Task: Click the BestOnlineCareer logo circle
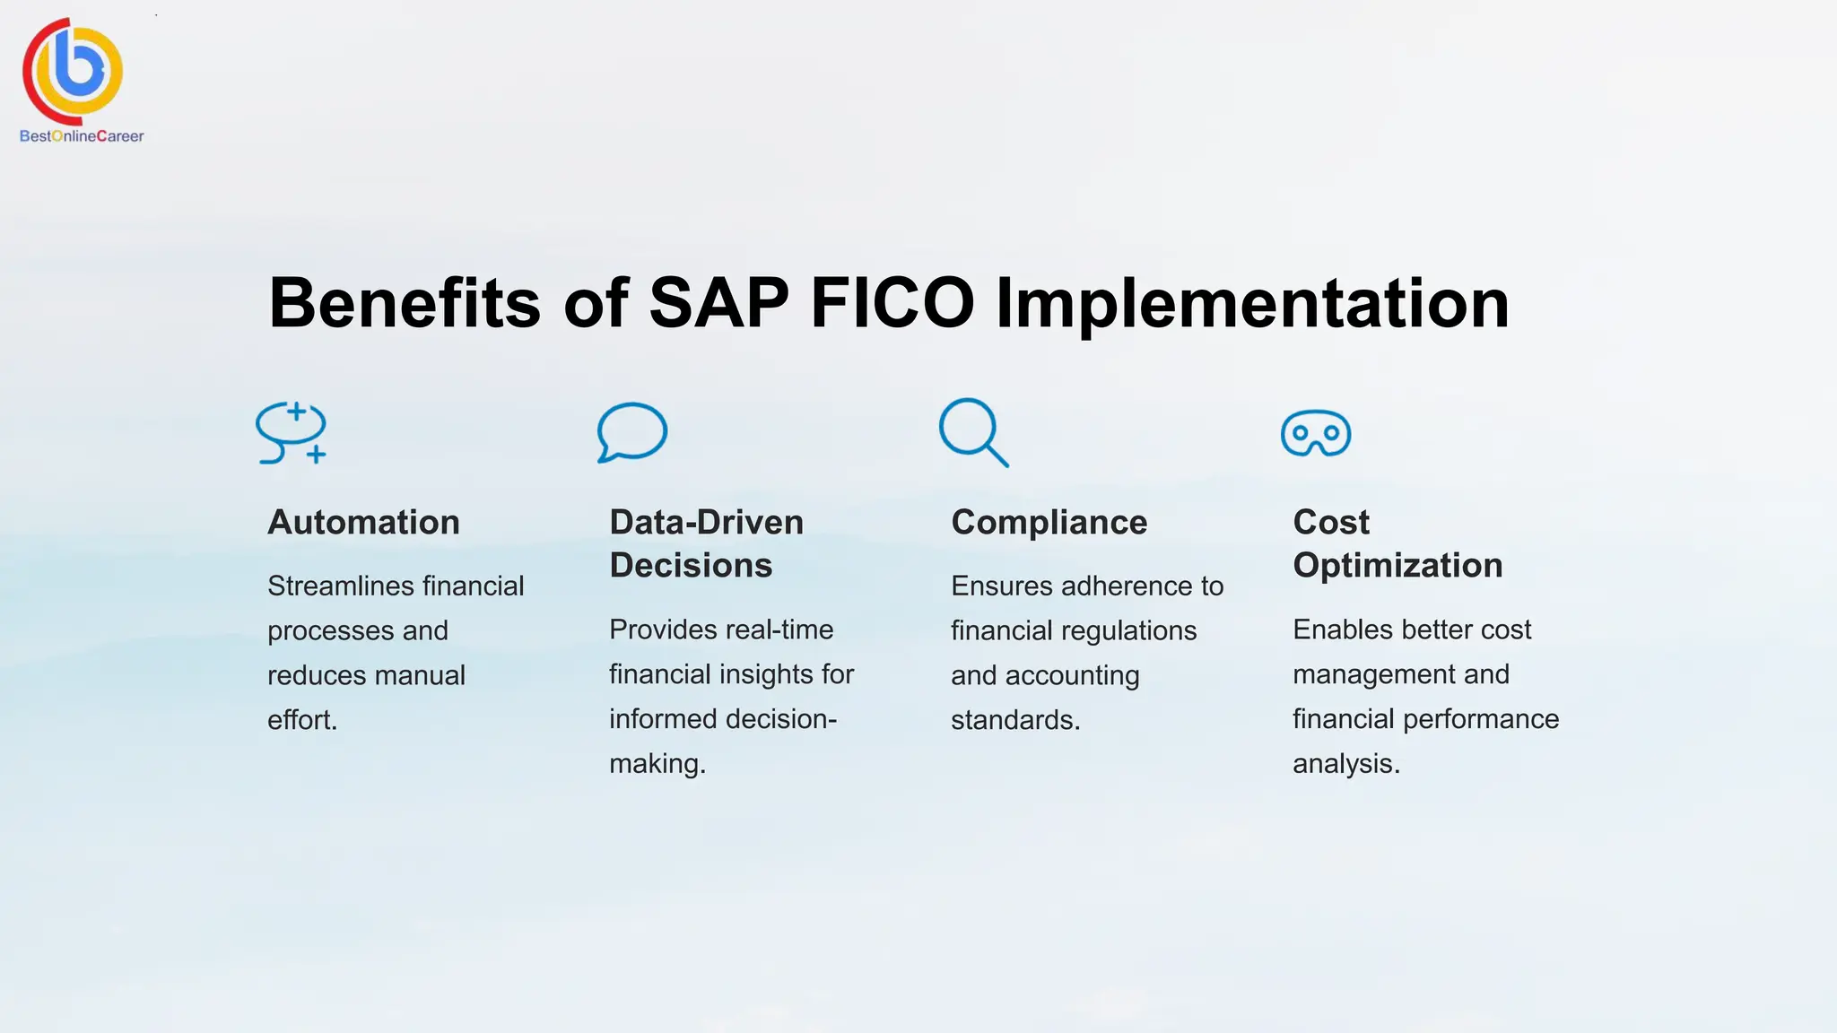74,70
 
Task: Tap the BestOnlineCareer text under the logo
82,136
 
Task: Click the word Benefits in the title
405,303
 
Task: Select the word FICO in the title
892,303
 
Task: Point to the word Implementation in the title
1252,303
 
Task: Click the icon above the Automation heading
291,433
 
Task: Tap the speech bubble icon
632,432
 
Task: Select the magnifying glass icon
973,432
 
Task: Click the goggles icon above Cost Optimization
1316,433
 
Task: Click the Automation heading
363,522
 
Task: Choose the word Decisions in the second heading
691,566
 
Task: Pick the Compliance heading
1049,522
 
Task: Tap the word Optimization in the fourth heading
1397,566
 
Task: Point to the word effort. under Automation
302,720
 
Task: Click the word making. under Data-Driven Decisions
657,764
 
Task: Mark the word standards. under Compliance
1015,720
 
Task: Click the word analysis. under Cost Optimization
1345,764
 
